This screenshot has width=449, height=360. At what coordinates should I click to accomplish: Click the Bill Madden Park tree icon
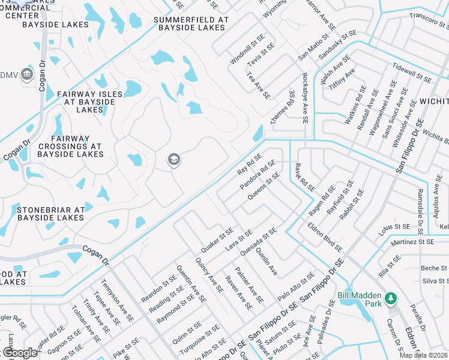coord(391,298)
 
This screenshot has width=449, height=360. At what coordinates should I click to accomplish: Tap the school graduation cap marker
coord(173,160)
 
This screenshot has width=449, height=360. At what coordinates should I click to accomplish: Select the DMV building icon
coord(26,74)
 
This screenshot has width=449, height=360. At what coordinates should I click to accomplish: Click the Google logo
coord(20,353)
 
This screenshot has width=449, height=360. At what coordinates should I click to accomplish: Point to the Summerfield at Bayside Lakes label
coord(191,23)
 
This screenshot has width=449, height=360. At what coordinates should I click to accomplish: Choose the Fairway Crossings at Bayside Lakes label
coord(71,146)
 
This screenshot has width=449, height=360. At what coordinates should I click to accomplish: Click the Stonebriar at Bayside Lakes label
coord(50,214)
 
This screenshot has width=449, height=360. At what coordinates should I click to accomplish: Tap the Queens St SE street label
coord(264,187)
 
